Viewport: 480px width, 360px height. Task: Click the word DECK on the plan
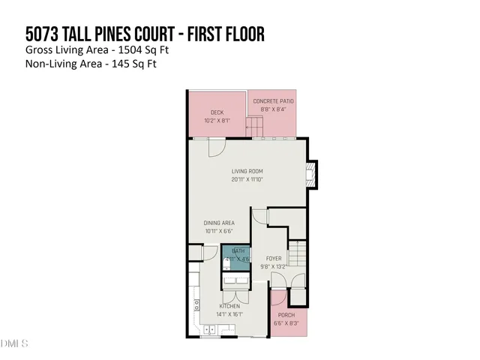[217, 112]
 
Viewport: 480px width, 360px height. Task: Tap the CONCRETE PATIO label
[273, 100]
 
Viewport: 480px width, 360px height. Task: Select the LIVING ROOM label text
[247, 171]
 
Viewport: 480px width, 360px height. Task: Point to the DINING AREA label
[220, 223]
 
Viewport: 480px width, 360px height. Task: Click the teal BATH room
[238, 257]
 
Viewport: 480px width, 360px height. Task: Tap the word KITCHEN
[229, 307]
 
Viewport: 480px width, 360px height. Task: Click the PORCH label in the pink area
[286, 315]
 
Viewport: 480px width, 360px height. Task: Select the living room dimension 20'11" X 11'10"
[247, 179]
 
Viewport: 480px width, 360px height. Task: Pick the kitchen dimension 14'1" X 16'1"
[229, 315]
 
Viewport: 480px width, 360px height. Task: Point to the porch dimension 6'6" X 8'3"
[286, 323]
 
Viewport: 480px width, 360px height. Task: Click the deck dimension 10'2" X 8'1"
[217, 120]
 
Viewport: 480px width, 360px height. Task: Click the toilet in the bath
[226, 264]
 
